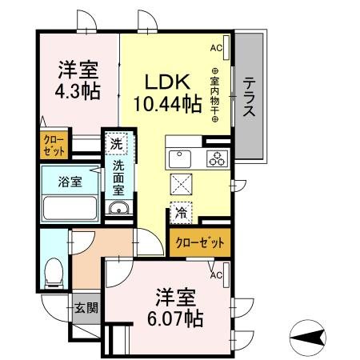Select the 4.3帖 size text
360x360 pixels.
click(x=78, y=90)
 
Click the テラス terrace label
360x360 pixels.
click(x=250, y=97)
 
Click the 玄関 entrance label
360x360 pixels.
click(x=85, y=306)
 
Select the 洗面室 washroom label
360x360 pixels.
click(x=118, y=178)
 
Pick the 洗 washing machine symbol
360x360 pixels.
click(x=117, y=144)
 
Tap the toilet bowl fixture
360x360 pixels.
click(x=54, y=271)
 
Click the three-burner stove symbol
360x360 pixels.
click(x=216, y=158)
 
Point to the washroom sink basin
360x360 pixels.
click(x=118, y=210)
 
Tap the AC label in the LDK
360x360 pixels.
click(x=215, y=49)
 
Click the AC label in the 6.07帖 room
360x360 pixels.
click(x=215, y=275)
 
